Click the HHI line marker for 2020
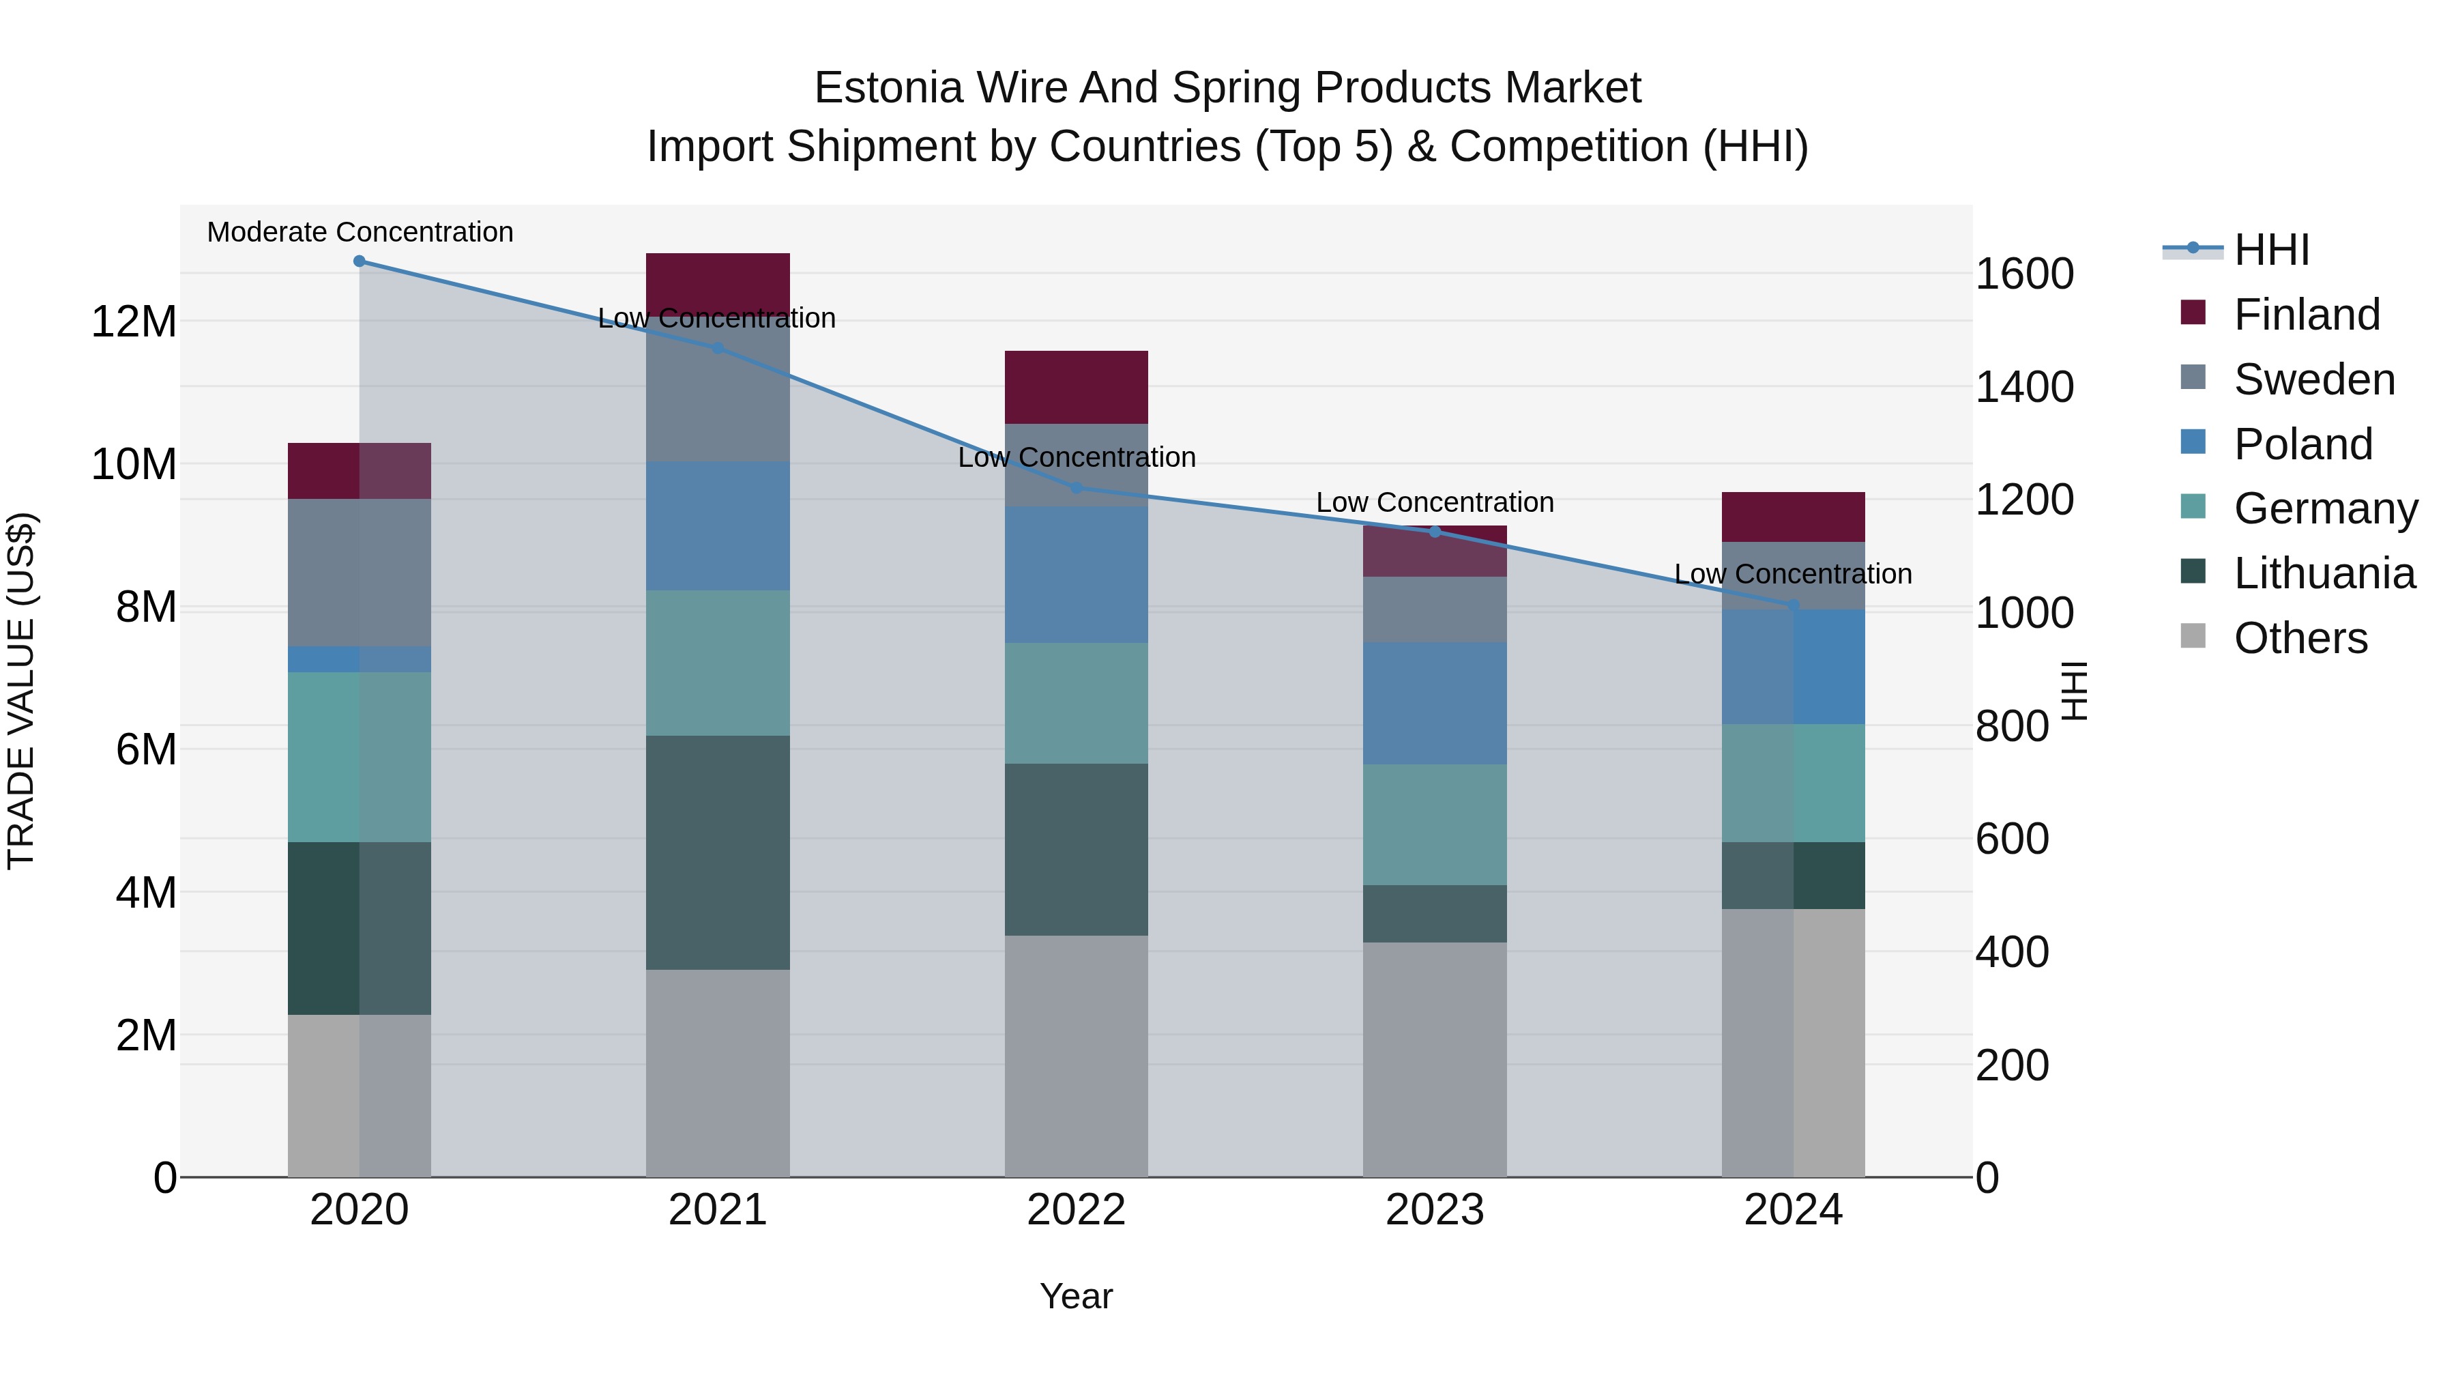pyautogui.click(x=360, y=261)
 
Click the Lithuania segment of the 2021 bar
pyautogui.click(x=717, y=852)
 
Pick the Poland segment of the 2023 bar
pyautogui.click(x=1434, y=703)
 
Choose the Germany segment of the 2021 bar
pyautogui.click(x=717, y=662)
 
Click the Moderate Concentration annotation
pyautogui.click(x=360, y=232)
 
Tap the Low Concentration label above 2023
pyautogui.click(x=1434, y=502)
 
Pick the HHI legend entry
pyautogui.click(x=2271, y=250)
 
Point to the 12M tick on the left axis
pyautogui.click(x=134, y=321)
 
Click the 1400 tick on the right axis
pyautogui.click(x=2023, y=386)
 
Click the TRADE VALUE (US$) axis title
pyautogui.click(x=21, y=691)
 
